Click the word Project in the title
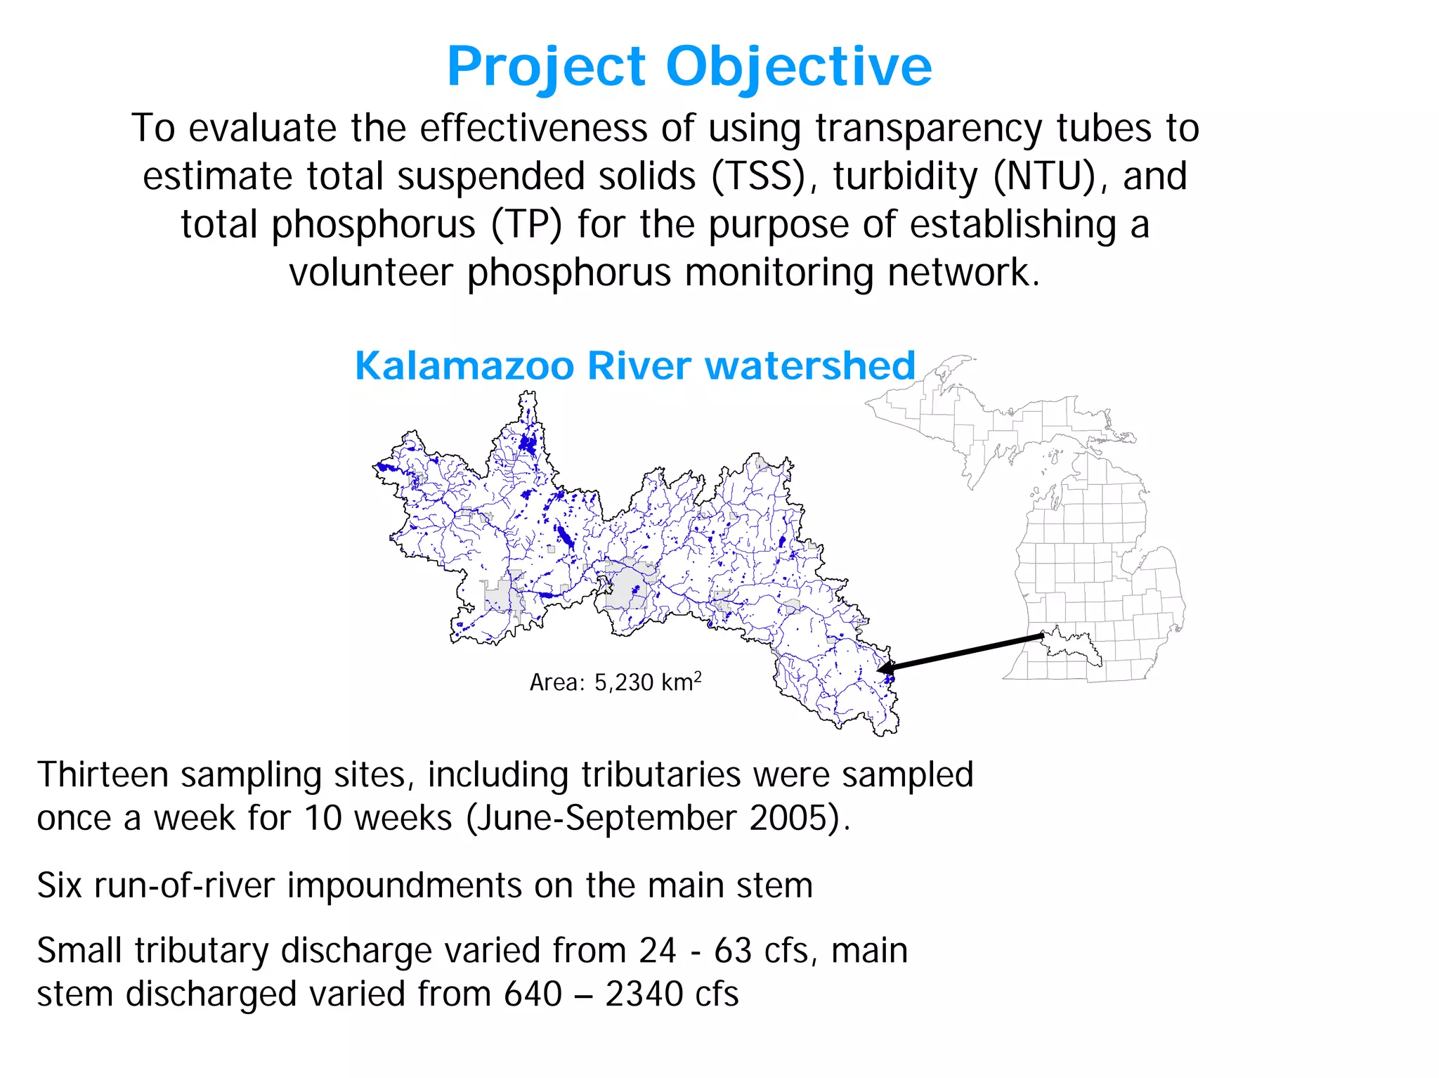547,67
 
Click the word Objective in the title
798,67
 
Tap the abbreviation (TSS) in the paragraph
758,176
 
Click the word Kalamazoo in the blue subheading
464,365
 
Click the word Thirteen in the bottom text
103,775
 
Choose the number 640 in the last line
533,994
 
